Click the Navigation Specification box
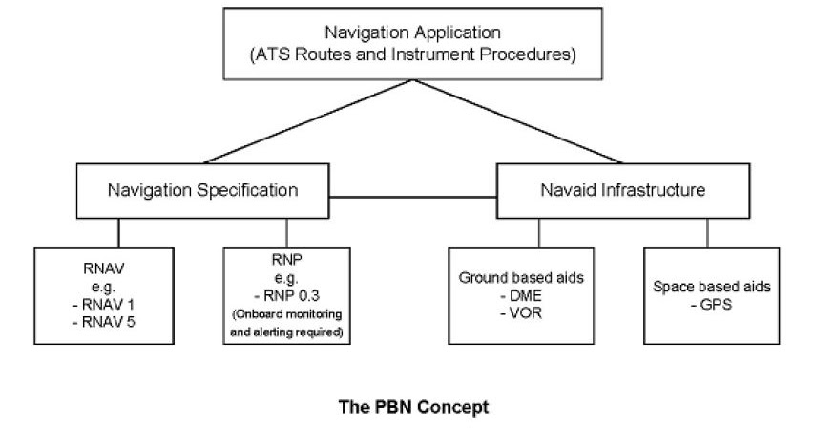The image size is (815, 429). [x=201, y=190]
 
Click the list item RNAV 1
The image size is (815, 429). [x=106, y=304]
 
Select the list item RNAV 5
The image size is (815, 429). [x=106, y=320]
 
